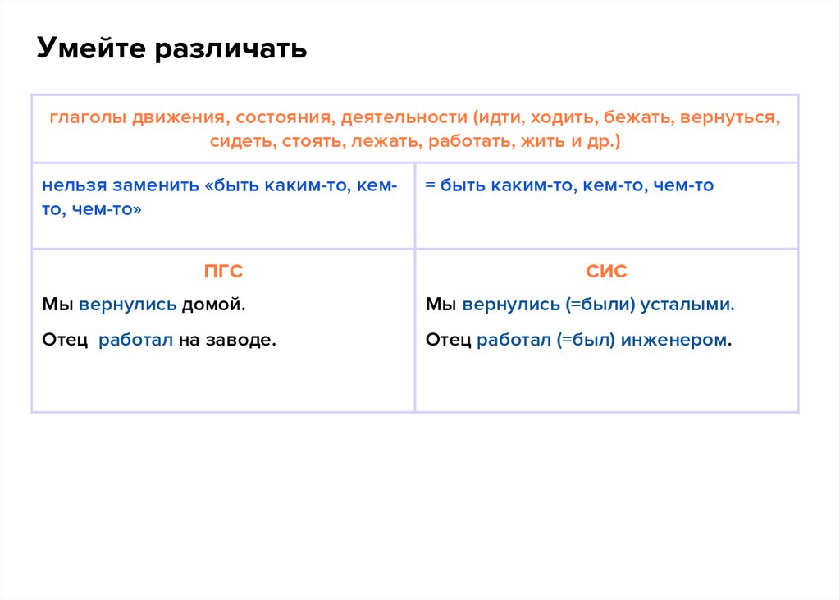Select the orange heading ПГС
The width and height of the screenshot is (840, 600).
tap(223, 273)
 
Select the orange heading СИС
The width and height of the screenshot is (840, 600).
tap(607, 273)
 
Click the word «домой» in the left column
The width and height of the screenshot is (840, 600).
tap(214, 305)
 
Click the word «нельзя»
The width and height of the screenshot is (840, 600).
tap(71, 185)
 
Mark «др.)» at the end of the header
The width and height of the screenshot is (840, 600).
tap(602, 140)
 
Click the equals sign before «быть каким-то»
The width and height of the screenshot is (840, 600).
tap(430, 185)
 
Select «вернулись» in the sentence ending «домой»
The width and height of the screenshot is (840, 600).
tap(128, 305)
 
